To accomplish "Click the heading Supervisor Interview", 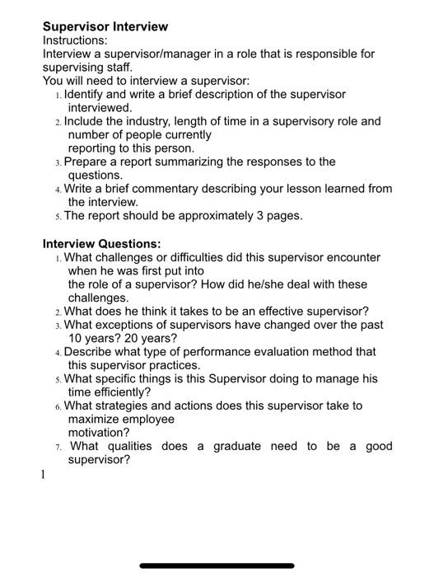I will (105, 27).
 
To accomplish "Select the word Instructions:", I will (75, 40).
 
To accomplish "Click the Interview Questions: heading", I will (101, 244).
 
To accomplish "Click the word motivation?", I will (99, 432).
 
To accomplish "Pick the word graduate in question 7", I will (237, 446).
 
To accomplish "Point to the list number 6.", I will (58, 406).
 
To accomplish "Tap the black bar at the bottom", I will (217, 565).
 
